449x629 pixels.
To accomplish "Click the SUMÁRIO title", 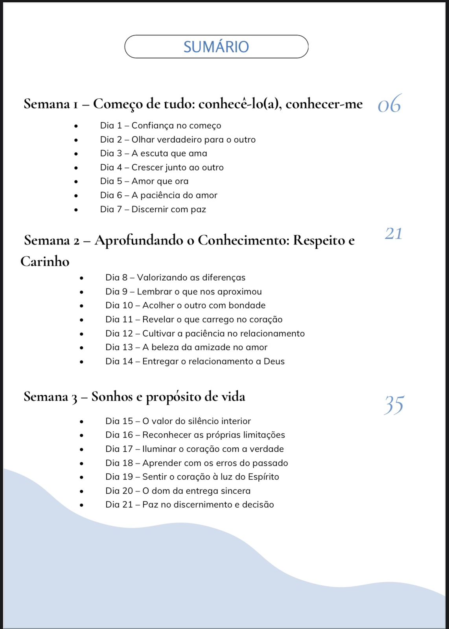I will coord(216,47).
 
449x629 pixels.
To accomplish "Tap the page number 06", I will coord(389,105).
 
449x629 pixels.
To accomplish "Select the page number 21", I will coord(393,234).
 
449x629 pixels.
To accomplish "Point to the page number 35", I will coord(394,405).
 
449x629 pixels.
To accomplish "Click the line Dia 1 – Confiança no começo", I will coord(160,125).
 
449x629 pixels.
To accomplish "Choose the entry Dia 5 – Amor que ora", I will coord(144,181).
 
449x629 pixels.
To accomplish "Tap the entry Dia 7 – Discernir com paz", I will coord(153,209).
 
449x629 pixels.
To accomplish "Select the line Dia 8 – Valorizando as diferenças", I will coord(175,278).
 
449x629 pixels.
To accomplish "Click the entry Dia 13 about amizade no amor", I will coord(186,347).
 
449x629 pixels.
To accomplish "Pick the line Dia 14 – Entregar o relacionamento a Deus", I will coord(195,361).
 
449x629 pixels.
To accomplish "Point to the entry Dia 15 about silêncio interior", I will coord(178,421).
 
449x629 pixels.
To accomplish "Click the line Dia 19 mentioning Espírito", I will coord(192,477).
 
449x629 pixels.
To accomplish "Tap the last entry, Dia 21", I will coord(190,505).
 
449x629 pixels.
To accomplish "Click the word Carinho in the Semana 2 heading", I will coord(45,261).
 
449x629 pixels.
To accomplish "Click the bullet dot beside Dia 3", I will coord(76,154).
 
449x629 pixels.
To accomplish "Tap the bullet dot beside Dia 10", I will coord(81,305).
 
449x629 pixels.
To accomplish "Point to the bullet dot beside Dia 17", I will coord(81,449).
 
